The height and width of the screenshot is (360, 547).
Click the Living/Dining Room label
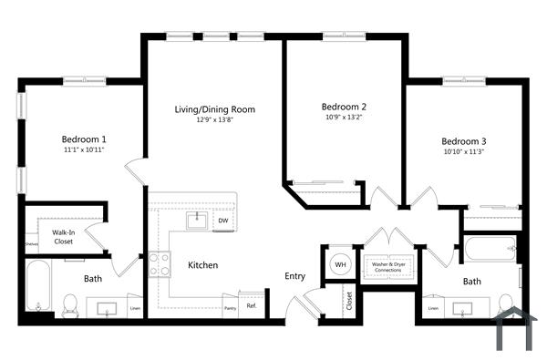tap(214, 109)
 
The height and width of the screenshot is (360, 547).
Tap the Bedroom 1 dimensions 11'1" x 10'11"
tap(84, 149)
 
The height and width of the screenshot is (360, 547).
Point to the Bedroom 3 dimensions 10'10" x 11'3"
tap(464, 152)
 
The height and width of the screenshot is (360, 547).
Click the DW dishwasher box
tap(222, 221)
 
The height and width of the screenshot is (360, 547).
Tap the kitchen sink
tap(196, 220)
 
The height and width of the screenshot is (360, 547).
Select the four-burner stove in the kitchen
tap(160, 264)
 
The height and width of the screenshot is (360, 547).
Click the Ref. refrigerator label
tap(252, 306)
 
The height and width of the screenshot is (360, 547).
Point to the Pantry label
tap(230, 308)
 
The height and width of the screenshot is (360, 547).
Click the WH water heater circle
tap(340, 264)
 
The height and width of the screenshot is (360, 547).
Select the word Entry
tap(294, 276)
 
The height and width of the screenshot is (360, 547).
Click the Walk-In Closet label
tap(63, 237)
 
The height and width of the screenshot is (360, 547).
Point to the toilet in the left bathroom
tap(70, 303)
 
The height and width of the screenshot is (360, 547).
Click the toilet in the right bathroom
tap(505, 303)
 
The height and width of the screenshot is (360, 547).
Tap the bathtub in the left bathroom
tap(35, 286)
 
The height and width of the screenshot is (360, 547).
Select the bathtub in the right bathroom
tap(490, 248)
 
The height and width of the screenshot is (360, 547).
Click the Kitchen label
tap(202, 265)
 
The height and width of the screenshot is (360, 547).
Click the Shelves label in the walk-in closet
tap(31, 244)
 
